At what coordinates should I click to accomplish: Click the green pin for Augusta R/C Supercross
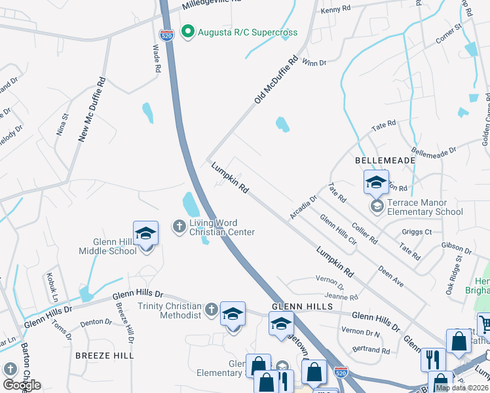click(187, 32)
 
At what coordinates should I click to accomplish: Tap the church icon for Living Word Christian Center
click(179, 227)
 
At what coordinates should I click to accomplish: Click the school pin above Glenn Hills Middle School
click(145, 233)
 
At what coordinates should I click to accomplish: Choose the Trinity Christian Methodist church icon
click(211, 309)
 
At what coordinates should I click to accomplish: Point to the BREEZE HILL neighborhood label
click(104, 355)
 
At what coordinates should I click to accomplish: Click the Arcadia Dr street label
click(304, 207)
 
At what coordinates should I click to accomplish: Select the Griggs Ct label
click(419, 231)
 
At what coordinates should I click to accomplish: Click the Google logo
click(22, 385)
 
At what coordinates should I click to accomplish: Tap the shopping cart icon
click(485, 323)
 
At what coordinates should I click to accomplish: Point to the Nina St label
click(63, 125)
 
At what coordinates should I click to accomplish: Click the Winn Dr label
click(314, 63)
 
